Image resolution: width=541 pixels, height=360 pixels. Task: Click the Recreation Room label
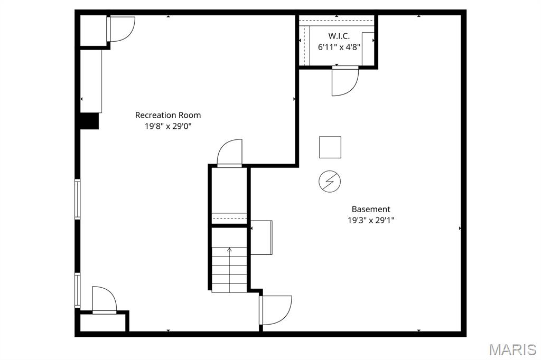tap(168, 115)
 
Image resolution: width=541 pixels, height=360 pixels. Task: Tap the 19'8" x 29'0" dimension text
tap(168, 126)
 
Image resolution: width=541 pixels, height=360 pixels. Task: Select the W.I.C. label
tap(339, 36)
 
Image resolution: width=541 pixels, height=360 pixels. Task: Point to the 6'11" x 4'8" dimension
tap(339, 46)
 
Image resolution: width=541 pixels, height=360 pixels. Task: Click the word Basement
tap(371, 209)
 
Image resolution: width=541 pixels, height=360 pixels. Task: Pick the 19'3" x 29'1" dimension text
tap(371, 220)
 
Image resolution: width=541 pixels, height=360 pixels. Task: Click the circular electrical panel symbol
tap(330, 182)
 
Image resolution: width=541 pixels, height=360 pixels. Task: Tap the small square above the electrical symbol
tap(330, 147)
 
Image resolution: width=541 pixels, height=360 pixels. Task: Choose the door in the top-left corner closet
tap(121, 29)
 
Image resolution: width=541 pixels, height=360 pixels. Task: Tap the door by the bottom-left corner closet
tap(104, 300)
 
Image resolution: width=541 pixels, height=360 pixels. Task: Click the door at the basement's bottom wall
tap(275, 310)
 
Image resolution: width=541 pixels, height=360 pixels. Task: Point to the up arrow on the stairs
tap(229, 250)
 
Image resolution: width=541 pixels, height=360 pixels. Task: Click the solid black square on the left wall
tap(89, 121)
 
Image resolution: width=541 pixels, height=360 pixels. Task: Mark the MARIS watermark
tap(512, 349)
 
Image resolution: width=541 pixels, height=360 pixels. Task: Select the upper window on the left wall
tap(77, 199)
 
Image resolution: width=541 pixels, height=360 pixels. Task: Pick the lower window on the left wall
tap(77, 290)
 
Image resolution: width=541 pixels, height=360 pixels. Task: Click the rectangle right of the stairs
tap(262, 238)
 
